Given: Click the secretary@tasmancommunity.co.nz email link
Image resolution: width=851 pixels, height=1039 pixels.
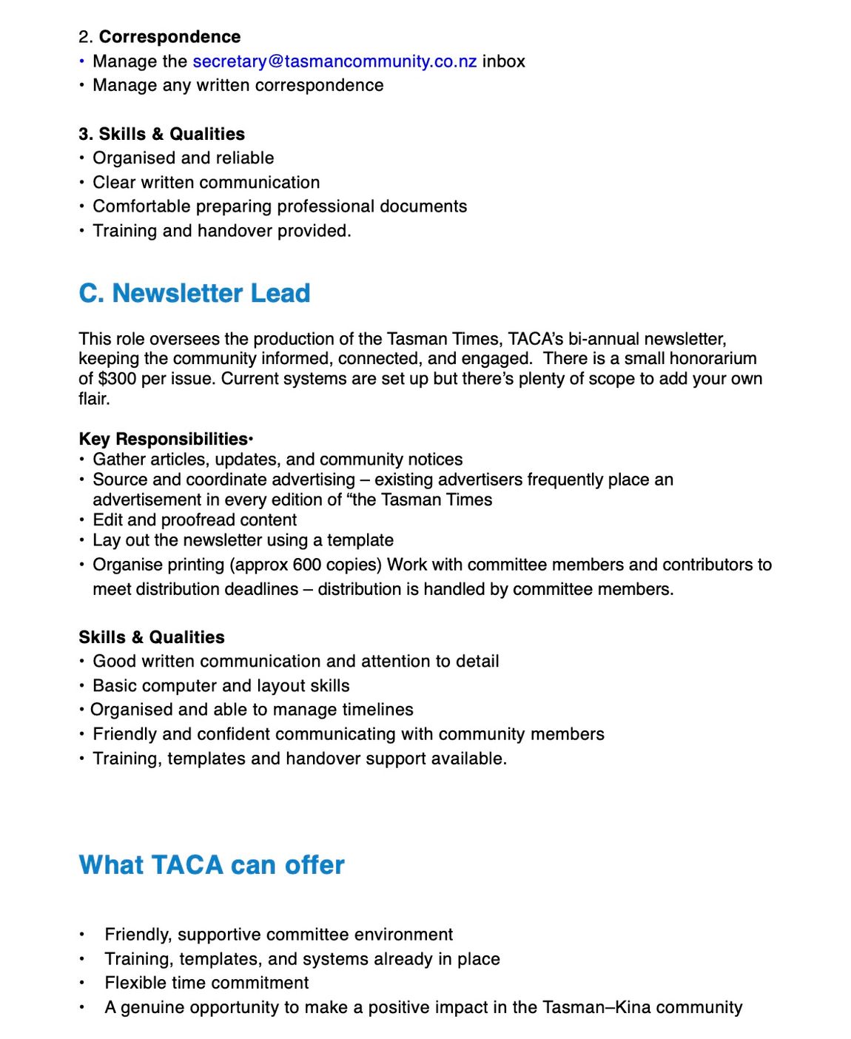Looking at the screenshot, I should coord(334,61).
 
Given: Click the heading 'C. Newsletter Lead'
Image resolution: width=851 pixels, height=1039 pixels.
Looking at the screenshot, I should coord(194,293).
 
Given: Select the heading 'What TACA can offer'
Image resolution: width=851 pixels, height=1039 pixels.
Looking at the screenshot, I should coord(212,865).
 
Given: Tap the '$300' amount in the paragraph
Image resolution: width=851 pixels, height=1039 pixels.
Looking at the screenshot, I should coord(117,379).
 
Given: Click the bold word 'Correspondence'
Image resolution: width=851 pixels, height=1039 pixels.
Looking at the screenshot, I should coord(169,37).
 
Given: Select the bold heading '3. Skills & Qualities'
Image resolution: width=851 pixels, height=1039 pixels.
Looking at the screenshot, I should coord(161,134).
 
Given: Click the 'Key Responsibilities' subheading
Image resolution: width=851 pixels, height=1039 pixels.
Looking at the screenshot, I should coord(163,439).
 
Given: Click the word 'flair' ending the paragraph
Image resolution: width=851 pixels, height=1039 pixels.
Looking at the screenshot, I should coord(93,399).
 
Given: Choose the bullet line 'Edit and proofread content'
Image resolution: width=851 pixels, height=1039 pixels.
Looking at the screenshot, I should coord(195,520).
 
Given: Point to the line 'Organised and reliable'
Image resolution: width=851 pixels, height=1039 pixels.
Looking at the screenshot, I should coord(183,158).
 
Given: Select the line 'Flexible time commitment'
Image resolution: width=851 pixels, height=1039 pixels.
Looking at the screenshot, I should coord(206,983).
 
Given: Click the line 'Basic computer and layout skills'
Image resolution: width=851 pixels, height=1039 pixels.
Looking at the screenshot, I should coord(221,686).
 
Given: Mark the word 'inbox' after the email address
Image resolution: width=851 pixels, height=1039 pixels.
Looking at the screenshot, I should coord(503,61).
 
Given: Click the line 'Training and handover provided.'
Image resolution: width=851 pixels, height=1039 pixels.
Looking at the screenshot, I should coord(221,231).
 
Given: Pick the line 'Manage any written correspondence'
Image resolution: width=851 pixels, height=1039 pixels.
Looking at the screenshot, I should coord(238,86).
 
